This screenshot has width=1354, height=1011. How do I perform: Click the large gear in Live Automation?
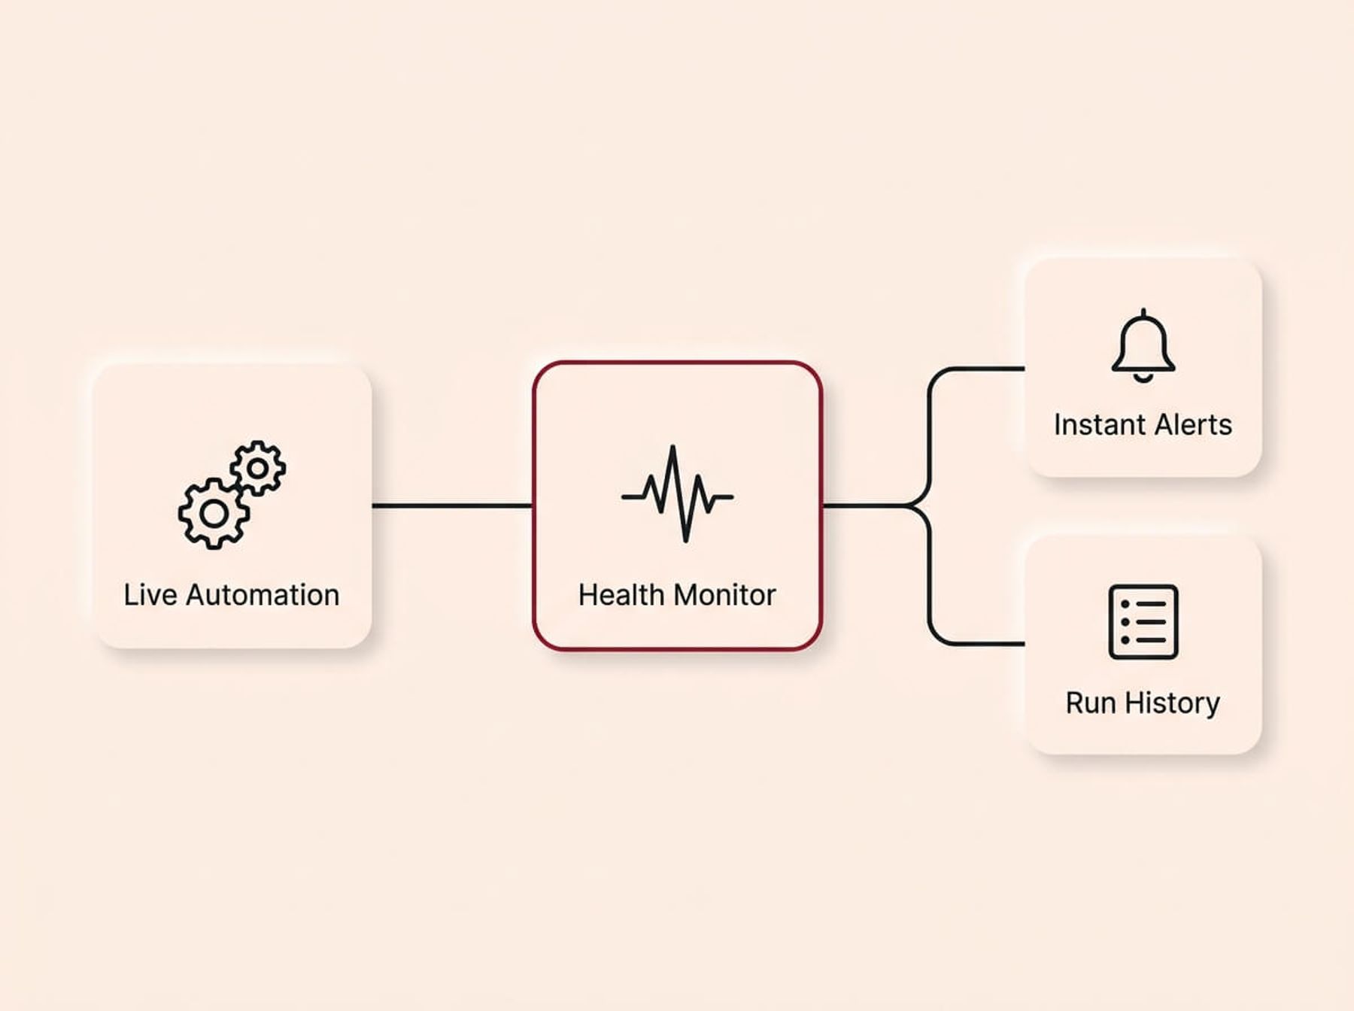pyautogui.click(x=214, y=515)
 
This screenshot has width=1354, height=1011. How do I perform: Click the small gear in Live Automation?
pyautogui.click(x=258, y=468)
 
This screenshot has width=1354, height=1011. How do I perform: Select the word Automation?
pyautogui.click(x=263, y=595)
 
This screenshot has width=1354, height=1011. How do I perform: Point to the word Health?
pyautogui.click(x=621, y=595)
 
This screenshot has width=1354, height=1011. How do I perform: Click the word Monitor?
pyautogui.click(x=724, y=595)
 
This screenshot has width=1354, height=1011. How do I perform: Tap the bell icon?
pyautogui.click(x=1143, y=346)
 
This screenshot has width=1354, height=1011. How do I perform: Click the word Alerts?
pyautogui.click(x=1193, y=425)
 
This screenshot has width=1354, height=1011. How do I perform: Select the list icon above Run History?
pyautogui.click(x=1143, y=622)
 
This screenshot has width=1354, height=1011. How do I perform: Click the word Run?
pyautogui.click(x=1091, y=703)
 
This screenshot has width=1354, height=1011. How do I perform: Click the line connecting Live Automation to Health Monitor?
pyautogui.click(x=452, y=506)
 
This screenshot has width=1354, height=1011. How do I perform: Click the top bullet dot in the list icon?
pyautogui.click(x=1125, y=604)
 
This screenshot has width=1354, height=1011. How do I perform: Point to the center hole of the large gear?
pyautogui.click(x=214, y=515)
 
